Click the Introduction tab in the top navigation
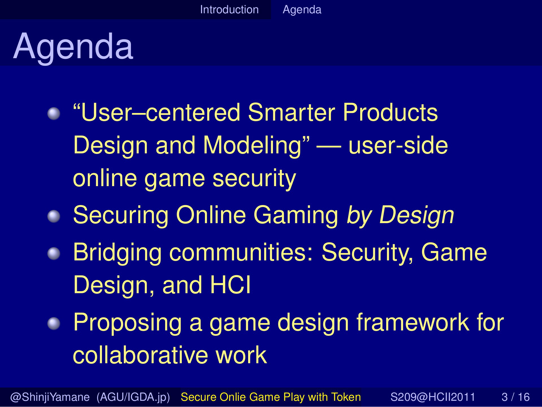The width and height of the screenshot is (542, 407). [x=229, y=10]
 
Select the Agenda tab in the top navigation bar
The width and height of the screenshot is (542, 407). [x=302, y=10]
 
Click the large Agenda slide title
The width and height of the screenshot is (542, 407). [x=73, y=47]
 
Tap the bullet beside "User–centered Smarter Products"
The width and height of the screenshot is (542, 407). [x=54, y=114]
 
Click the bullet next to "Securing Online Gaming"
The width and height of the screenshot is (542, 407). [x=54, y=217]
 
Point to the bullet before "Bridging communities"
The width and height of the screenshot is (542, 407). [x=54, y=254]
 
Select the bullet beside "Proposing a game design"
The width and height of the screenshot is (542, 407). [x=54, y=323]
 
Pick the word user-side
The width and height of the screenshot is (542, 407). [x=398, y=145]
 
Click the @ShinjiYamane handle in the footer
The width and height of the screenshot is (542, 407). [x=50, y=397]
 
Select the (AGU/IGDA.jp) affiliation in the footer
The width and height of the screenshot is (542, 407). [x=133, y=397]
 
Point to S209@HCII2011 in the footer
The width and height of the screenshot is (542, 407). [x=433, y=397]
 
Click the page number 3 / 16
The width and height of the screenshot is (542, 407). [x=515, y=397]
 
